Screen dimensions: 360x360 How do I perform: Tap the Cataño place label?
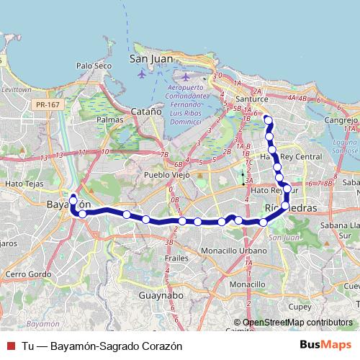pyautogui.click(x=146, y=111)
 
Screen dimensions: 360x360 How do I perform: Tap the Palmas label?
pyautogui.click(x=109, y=120)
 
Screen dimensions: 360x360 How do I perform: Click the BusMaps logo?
pyautogui.click(x=326, y=345)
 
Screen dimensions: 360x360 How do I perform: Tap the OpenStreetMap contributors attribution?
pyautogui.click(x=297, y=323)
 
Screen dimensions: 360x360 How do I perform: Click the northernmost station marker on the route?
pyautogui.click(x=267, y=120)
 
